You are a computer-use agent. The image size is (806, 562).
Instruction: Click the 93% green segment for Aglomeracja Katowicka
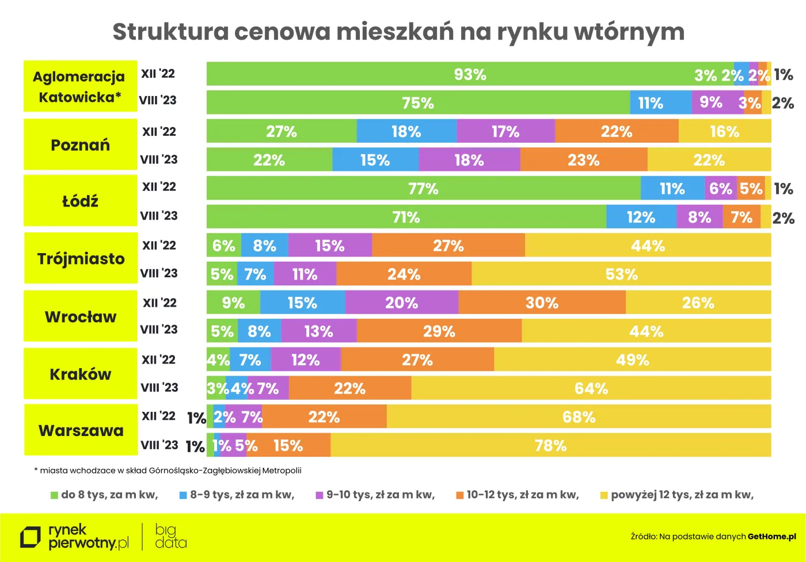(470, 74)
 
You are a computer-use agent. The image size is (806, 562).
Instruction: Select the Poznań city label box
(80, 144)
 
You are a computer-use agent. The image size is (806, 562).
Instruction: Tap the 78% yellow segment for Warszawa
(550, 445)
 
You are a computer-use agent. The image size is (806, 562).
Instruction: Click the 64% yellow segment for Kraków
(591, 388)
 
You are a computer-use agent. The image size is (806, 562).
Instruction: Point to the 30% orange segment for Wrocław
(541, 303)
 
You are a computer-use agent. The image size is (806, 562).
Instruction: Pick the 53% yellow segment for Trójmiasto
(621, 274)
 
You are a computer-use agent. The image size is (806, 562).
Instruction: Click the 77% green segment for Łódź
(423, 189)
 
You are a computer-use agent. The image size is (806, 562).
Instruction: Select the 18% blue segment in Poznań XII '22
(406, 132)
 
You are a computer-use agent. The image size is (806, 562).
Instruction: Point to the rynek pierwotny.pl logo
(75, 536)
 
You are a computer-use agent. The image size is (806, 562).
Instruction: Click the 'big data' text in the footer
(170, 536)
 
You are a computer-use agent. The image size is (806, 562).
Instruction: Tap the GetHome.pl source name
(771, 537)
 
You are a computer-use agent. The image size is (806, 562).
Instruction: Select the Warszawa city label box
(81, 430)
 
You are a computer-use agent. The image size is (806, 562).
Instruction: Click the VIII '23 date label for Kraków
(159, 388)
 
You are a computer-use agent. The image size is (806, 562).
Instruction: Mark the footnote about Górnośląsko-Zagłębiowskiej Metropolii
(168, 471)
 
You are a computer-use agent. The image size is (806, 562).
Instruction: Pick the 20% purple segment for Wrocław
(401, 303)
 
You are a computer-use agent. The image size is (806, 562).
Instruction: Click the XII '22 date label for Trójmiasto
(159, 246)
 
